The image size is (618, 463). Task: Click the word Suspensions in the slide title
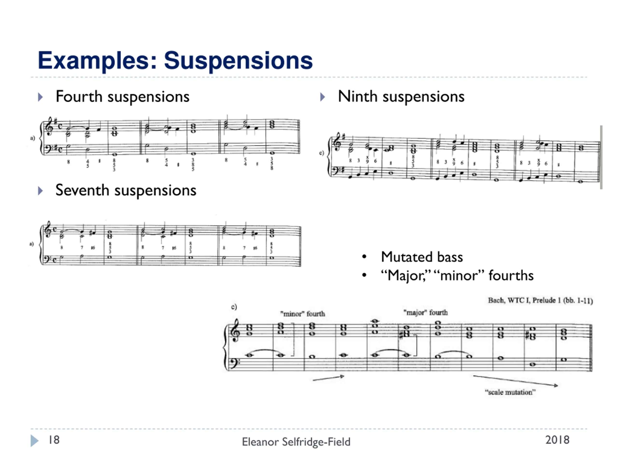tap(238, 61)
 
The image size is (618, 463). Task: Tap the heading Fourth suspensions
tap(122, 97)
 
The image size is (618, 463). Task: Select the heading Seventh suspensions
tap(126, 191)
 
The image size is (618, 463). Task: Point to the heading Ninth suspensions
tap(401, 97)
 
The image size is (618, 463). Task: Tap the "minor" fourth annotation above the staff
tap(302, 314)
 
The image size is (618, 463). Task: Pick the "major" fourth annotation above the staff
tap(425, 313)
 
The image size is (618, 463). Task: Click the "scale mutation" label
tap(510, 392)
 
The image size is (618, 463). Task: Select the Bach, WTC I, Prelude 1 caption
tap(540, 300)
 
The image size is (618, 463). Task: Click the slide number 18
tap(54, 440)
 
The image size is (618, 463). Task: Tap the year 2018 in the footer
tap(557, 440)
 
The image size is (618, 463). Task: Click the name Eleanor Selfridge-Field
tap(296, 442)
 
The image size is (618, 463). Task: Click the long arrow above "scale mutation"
tap(515, 381)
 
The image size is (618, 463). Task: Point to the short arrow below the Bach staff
tap(328, 378)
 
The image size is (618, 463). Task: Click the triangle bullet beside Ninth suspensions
tap(323, 97)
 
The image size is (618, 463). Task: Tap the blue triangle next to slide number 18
tap(34, 441)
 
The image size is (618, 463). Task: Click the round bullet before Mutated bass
tap(364, 257)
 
